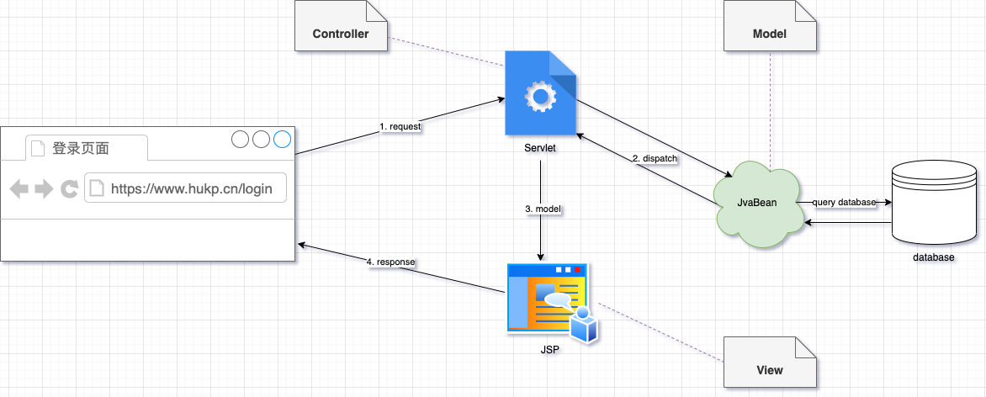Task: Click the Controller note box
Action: click(x=341, y=34)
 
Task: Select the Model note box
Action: click(x=769, y=34)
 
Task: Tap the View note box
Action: click(x=769, y=369)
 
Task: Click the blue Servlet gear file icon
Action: click(x=540, y=93)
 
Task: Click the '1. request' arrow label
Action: click(x=400, y=126)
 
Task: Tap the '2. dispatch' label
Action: click(x=655, y=158)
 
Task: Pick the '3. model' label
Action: click(x=541, y=208)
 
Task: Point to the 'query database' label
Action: click(x=844, y=203)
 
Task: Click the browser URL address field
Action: click(x=185, y=188)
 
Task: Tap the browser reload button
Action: click(x=69, y=188)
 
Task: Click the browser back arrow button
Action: click(x=19, y=188)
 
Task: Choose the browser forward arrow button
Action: click(x=44, y=188)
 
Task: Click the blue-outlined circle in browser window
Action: click(x=282, y=140)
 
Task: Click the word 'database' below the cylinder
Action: click(x=934, y=257)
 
